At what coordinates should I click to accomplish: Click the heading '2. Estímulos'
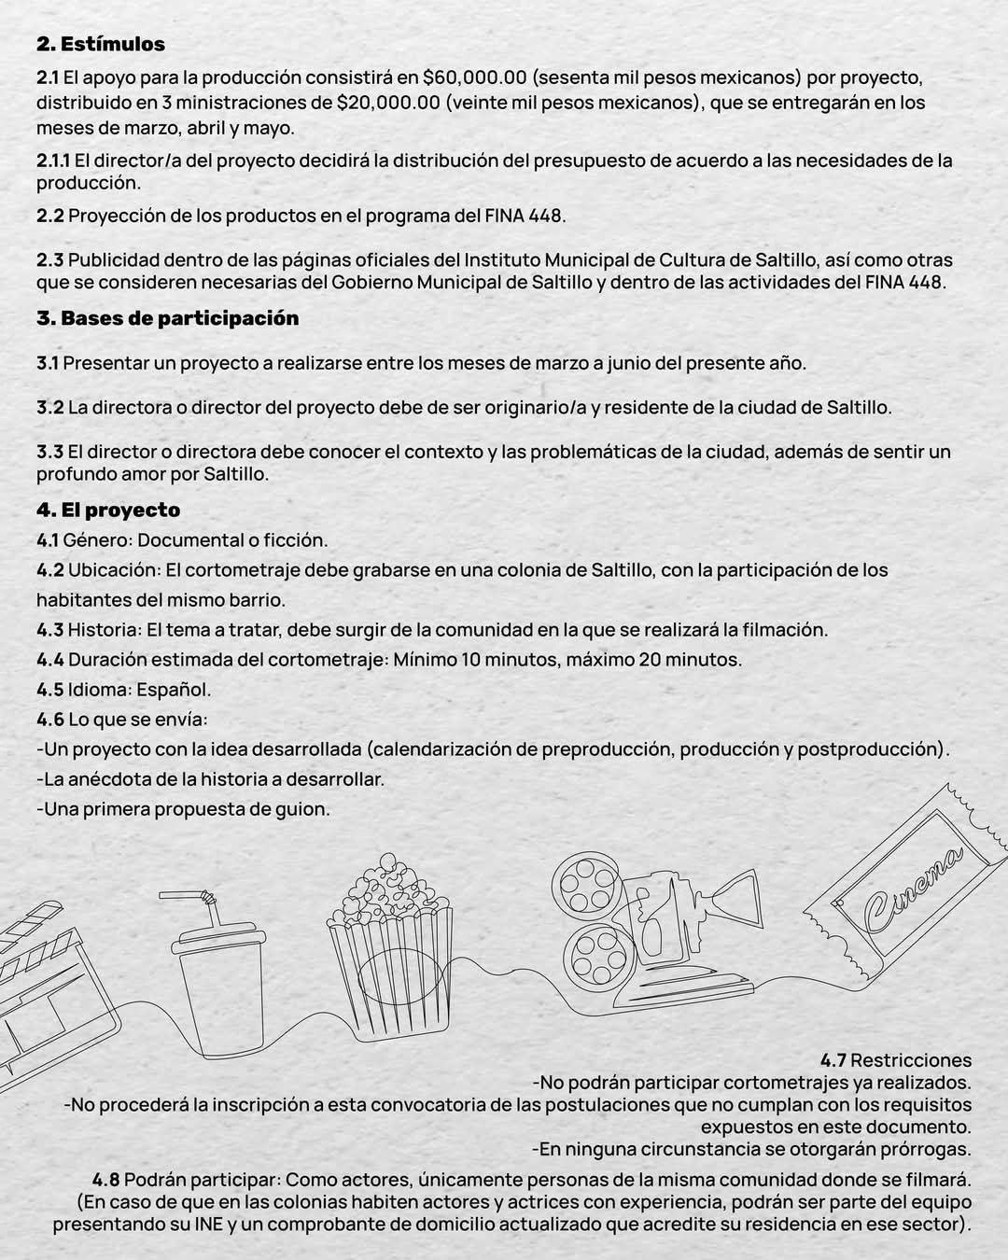click(x=101, y=44)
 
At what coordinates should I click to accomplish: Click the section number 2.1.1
click(x=53, y=160)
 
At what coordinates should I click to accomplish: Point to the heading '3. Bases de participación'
click(x=168, y=318)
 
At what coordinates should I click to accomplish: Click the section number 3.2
click(x=50, y=407)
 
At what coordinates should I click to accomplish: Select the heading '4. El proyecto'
click(x=108, y=510)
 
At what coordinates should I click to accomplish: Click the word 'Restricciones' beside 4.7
click(x=911, y=1059)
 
